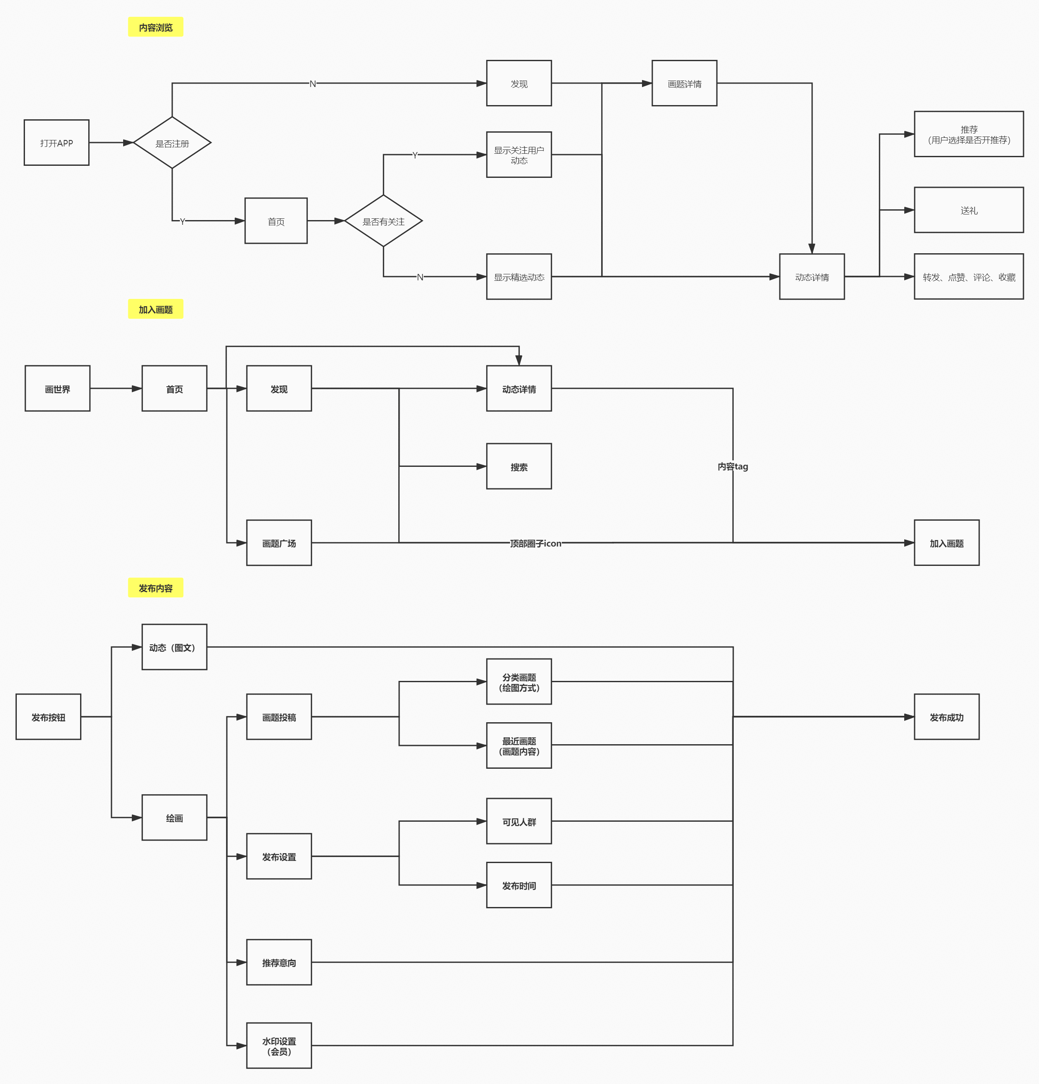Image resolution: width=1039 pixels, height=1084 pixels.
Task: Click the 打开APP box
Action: pyautogui.click(x=56, y=143)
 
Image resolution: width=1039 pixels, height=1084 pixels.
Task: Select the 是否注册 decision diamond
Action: pyautogui.click(x=172, y=143)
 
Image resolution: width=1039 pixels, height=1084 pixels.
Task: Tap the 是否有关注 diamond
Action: pyautogui.click(x=383, y=221)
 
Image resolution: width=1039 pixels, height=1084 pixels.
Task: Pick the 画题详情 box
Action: pyautogui.click(x=685, y=84)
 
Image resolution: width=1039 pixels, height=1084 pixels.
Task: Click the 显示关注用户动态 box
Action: pyautogui.click(x=519, y=155)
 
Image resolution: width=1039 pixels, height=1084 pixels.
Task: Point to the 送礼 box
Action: pyautogui.click(x=969, y=210)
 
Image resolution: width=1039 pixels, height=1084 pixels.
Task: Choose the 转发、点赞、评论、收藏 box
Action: pyautogui.click(x=969, y=276)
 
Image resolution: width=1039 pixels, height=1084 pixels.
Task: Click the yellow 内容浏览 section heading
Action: pyautogui.click(x=155, y=27)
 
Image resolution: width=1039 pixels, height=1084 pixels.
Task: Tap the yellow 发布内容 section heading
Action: pyautogui.click(x=155, y=588)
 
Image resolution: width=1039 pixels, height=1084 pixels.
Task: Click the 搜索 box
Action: pyautogui.click(x=519, y=467)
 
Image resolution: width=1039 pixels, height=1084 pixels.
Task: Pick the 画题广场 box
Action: pyautogui.click(x=279, y=543)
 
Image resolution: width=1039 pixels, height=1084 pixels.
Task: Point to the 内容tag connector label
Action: pyautogui.click(x=733, y=466)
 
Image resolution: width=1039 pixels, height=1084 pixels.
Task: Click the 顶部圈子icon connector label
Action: pyautogui.click(x=535, y=544)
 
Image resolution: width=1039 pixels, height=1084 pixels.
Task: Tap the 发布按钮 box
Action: pyautogui.click(x=48, y=717)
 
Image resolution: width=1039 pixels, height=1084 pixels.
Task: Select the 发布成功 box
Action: pyautogui.click(x=947, y=717)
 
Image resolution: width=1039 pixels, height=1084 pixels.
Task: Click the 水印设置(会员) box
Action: pyautogui.click(x=279, y=1046)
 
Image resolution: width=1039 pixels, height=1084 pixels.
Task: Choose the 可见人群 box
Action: pyautogui.click(x=519, y=821)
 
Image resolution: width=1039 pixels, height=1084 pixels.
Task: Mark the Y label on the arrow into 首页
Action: pyautogui.click(x=183, y=221)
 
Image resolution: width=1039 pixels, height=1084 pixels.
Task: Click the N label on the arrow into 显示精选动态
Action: pyautogui.click(x=420, y=277)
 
